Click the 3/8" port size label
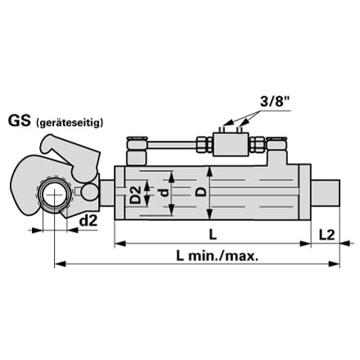click(x=274, y=101)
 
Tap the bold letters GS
click(x=19, y=121)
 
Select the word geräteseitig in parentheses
click(x=70, y=123)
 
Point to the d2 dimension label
click(x=88, y=221)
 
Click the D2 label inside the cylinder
click(x=135, y=195)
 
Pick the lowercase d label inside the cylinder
click(x=163, y=193)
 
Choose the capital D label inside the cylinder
click(x=201, y=191)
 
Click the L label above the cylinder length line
click(x=213, y=235)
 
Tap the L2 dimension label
click(x=326, y=235)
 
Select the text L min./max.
click(x=217, y=256)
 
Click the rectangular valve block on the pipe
click(x=230, y=144)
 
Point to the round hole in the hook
click(x=55, y=195)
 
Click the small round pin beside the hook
click(x=90, y=191)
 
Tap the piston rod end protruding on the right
click(x=325, y=193)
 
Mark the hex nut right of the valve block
click(x=257, y=144)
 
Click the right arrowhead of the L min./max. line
click(x=335, y=263)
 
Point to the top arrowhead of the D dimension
click(x=209, y=172)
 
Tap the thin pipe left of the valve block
click(x=172, y=145)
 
